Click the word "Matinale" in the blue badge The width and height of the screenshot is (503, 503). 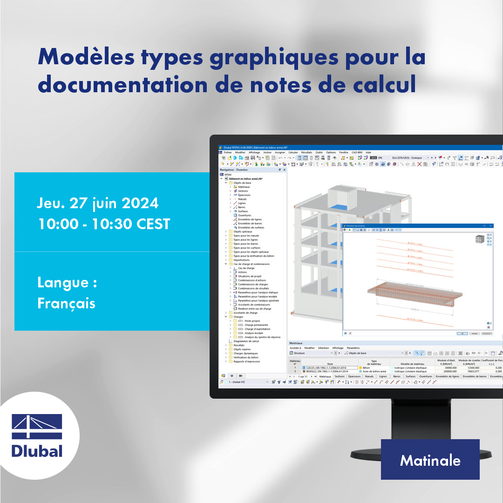tap(430, 460)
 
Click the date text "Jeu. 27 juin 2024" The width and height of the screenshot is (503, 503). tap(98, 204)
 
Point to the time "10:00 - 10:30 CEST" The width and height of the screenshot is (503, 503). tap(104, 224)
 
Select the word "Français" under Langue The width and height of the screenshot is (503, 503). tap(66, 303)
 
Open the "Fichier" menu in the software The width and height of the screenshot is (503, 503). tap(228, 152)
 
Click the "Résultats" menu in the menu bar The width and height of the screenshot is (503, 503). tap(306, 152)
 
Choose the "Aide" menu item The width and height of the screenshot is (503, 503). tap(368, 152)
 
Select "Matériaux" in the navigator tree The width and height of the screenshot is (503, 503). tap(244, 187)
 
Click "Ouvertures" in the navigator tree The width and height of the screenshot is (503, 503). tap(245, 215)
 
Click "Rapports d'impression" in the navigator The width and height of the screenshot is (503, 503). tap(247, 361)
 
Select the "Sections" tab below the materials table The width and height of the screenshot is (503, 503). tap(340, 376)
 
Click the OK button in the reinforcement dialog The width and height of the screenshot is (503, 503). tap(462, 333)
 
